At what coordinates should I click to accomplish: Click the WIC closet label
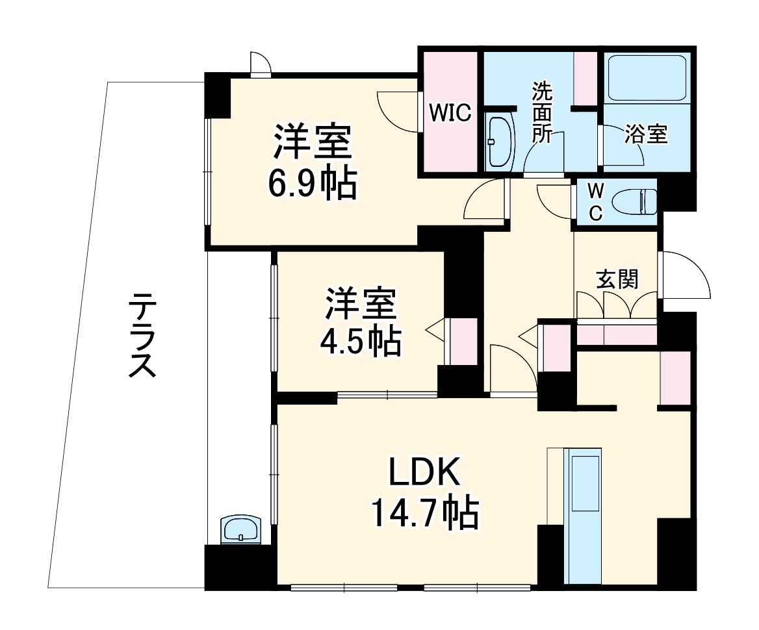click(448, 113)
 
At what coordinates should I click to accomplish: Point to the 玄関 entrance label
click(617, 279)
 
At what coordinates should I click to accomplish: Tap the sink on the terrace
click(240, 529)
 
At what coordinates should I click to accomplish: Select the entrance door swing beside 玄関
click(682, 276)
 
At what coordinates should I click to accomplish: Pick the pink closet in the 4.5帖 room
click(463, 342)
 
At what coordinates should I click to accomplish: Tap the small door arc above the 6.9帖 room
click(261, 64)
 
